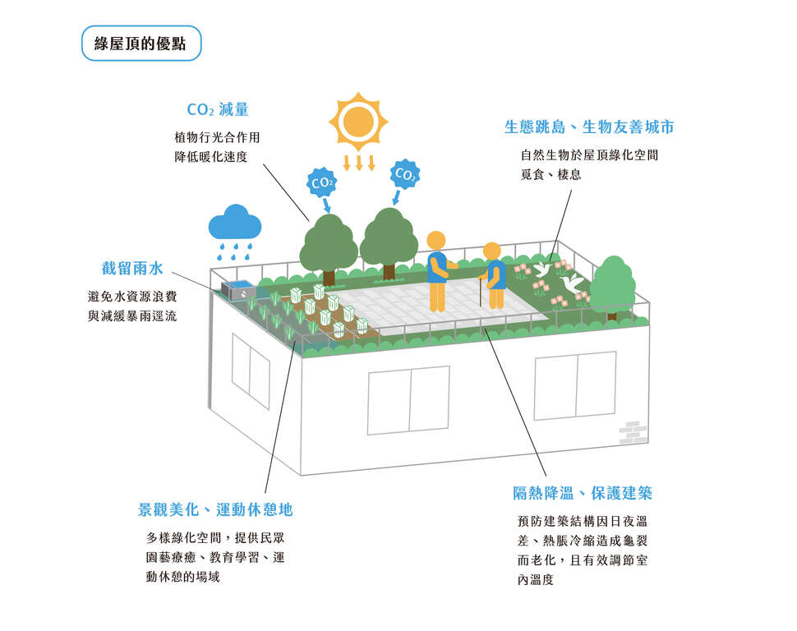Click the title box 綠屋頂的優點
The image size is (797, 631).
pos(141,44)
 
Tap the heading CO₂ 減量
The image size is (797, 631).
pos(218,109)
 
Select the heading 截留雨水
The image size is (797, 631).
pos(132,268)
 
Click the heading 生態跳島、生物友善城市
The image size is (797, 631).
pos(589,127)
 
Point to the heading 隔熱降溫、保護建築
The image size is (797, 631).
pos(583,493)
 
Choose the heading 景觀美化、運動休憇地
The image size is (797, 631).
pos(215,509)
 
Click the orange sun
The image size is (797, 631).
pos(358,122)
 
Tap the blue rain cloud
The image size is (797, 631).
pos(235,225)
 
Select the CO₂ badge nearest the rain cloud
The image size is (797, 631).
pos(322,182)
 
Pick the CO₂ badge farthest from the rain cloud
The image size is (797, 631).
pos(405,174)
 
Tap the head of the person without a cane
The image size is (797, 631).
pos(435,240)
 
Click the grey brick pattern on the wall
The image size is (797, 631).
pos(633,433)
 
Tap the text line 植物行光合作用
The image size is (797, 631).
pos(217,137)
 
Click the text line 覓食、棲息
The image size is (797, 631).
pos(551,174)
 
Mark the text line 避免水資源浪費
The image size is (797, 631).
pos(132,296)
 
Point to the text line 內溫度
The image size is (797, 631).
pos(535,579)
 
